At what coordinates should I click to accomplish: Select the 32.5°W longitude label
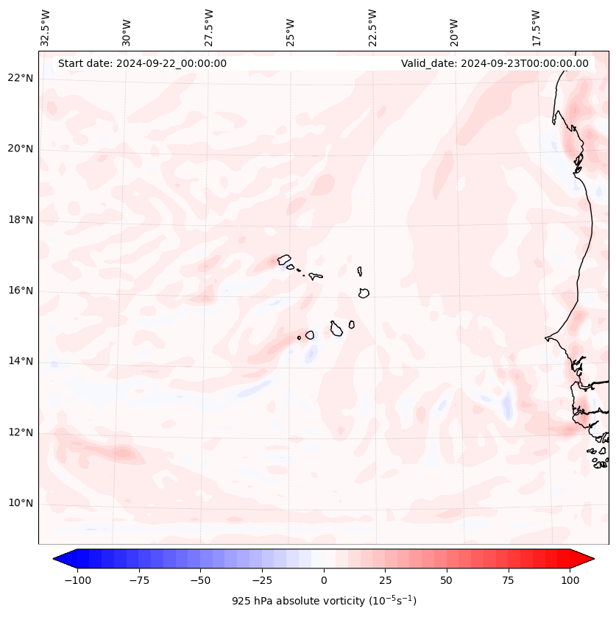[x=46, y=27]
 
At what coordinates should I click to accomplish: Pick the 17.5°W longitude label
[x=536, y=27]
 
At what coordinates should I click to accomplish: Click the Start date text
[x=142, y=63]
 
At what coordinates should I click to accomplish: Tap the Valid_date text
[x=495, y=63]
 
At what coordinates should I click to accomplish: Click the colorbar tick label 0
[x=324, y=580]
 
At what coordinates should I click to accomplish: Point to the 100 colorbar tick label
[x=570, y=580]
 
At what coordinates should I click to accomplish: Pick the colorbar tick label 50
[x=447, y=580]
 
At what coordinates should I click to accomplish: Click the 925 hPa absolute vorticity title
[x=324, y=601]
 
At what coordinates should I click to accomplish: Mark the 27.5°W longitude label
[x=209, y=27]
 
